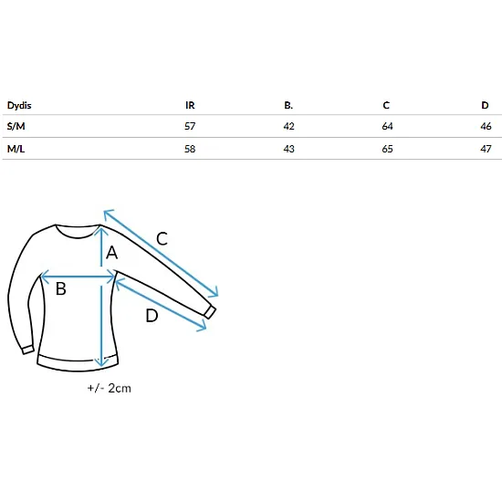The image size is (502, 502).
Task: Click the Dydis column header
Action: [x=19, y=105]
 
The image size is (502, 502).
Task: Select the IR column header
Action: [x=190, y=105]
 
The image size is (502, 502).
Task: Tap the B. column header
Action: [x=288, y=105]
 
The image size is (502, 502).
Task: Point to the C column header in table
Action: [x=386, y=105]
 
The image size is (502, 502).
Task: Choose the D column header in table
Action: [x=485, y=105]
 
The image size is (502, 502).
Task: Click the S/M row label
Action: [x=16, y=126]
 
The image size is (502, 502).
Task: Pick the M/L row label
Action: [x=16, y=149]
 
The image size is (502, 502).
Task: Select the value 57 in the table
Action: [x=190, y=126]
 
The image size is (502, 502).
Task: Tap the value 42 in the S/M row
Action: [x=288, y=126]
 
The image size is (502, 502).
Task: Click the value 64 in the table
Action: [x=387, y=126]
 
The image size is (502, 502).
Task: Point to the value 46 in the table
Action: [x=486, y=126]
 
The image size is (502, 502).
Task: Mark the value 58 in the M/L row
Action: [x=190, y=149]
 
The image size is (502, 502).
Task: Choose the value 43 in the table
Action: [x=288, y=149]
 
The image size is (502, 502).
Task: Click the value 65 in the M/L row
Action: [x=387, y=149]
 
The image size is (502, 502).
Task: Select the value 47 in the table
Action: [x=486, y=149]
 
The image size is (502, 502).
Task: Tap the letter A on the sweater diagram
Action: [x=111, y=253]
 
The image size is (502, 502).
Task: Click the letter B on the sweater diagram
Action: [x=61, y=288]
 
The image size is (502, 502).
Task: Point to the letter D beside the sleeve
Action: [x=152, y=316]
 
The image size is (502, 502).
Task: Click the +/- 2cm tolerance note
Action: [x=110, y=388]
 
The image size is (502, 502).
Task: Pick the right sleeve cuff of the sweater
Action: [x=210, y=312]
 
